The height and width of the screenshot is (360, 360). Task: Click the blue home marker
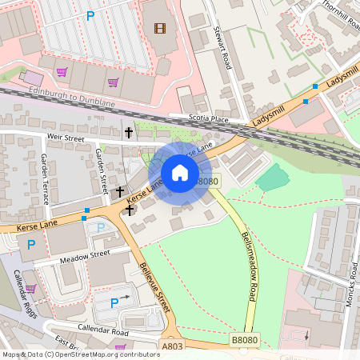(180, 173)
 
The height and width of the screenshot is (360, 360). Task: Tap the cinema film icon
(160, 29)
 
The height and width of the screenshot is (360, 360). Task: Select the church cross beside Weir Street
(128, 131)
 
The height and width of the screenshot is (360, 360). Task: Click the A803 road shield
(172, 346)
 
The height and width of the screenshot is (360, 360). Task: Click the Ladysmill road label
(269, 112)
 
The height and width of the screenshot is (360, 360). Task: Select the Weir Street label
(66, 138)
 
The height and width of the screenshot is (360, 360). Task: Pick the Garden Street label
(102, 170)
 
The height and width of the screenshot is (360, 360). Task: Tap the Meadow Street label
(83, 257)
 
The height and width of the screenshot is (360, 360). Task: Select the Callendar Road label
(103, 330)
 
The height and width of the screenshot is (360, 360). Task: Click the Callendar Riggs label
(26, 294)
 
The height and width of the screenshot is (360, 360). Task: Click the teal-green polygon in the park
(274, 177)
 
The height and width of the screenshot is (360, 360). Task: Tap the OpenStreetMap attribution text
(80, 354)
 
